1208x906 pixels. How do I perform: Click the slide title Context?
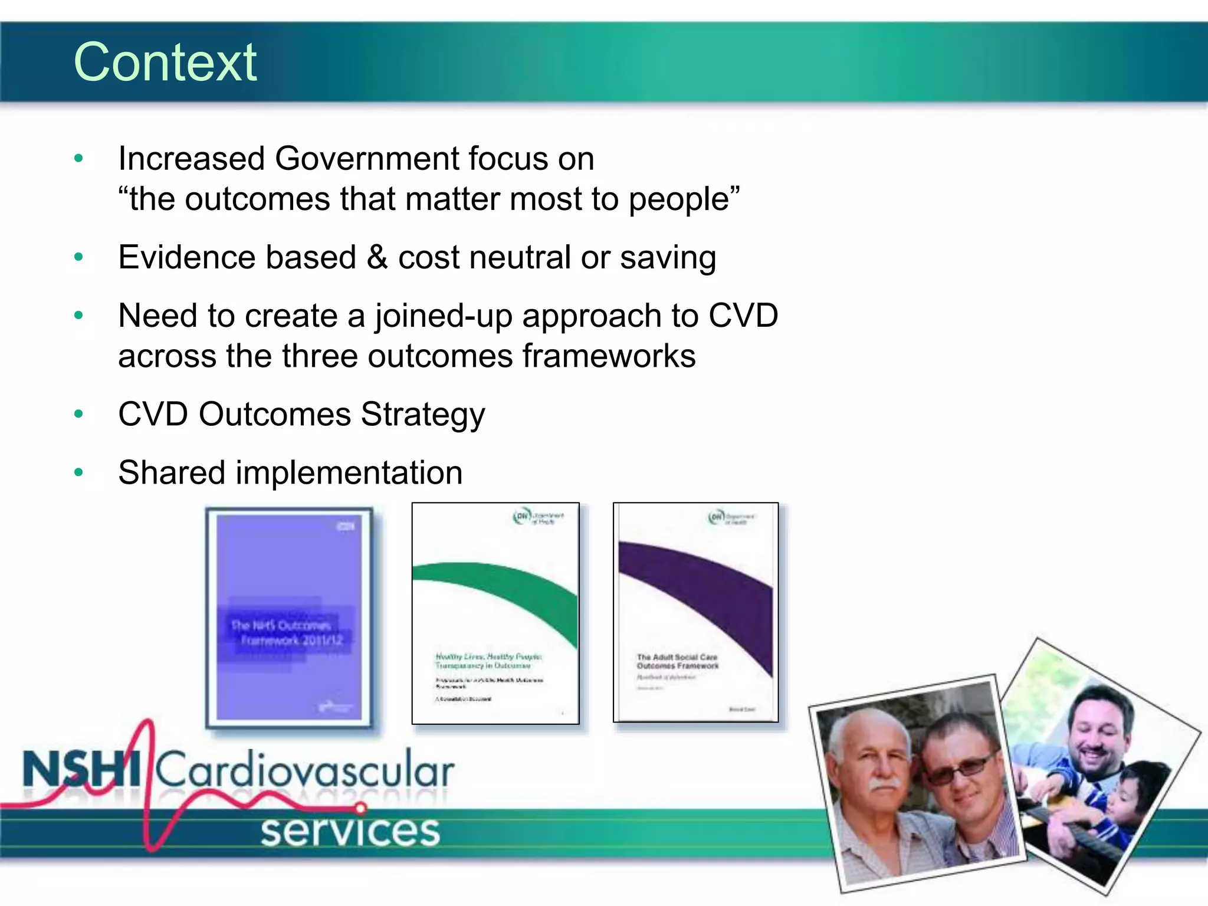(165, 63)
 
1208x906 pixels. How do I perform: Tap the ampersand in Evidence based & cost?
(377, 258)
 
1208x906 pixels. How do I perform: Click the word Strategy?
(423, 415)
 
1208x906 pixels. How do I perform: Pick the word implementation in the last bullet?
(349, 473)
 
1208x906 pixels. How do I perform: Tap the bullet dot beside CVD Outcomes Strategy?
(78, 414)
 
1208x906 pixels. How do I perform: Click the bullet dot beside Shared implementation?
(78, 472)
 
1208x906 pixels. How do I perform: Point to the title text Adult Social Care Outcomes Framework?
(678, 661)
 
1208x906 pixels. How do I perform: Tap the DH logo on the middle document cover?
(522, 517)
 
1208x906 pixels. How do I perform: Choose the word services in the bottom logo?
(350, 831)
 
